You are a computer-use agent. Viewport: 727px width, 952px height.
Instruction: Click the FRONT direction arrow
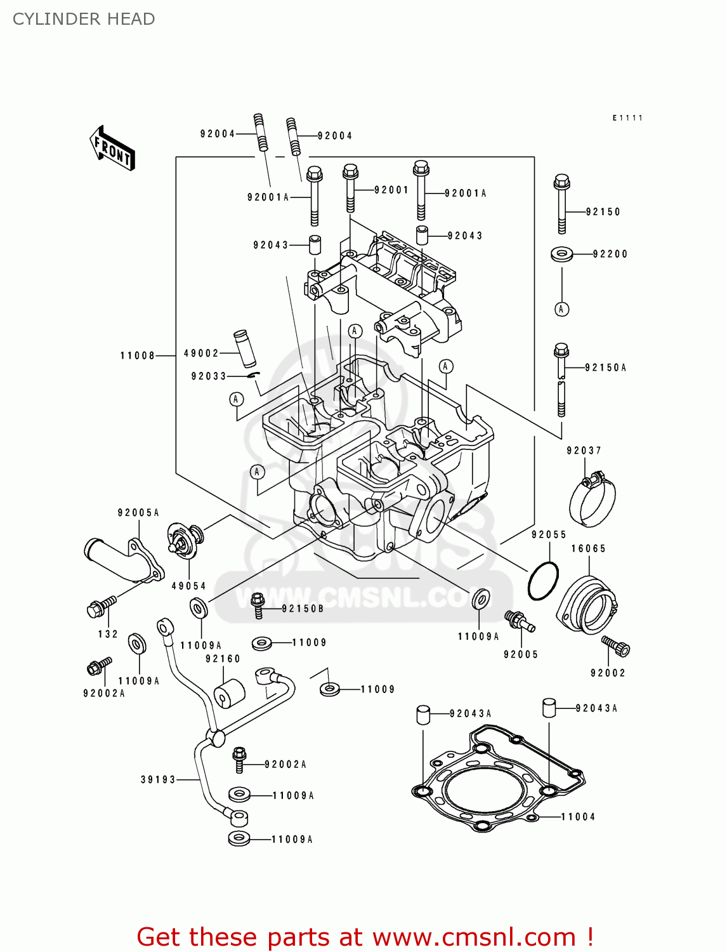click(113, 149)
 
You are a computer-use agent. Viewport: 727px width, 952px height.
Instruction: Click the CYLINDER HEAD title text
click(84, 19)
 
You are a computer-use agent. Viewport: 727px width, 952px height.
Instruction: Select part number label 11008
click(138, 355)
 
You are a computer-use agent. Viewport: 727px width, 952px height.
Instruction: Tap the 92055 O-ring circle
click(543, 580)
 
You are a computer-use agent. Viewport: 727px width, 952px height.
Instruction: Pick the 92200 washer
click(562, 255)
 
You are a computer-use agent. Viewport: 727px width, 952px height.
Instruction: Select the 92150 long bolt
click(561, 203)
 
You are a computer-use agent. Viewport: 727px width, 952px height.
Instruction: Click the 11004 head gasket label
click(578, 817)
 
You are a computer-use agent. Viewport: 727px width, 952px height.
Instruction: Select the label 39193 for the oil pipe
click(158, 779)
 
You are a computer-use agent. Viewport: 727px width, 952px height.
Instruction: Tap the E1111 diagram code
click(627, 118)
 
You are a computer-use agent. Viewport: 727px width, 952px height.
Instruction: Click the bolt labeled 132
click(100, 607)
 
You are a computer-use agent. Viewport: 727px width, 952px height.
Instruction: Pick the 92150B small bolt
click(258, 605)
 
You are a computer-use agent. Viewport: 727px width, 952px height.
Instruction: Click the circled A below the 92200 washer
click(561, 309)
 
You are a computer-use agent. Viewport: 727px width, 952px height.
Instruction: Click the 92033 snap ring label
click(209, 376)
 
